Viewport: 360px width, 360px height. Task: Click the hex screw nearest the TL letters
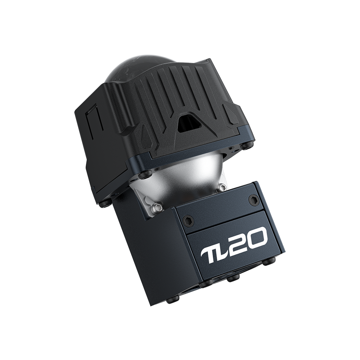pos(186,221)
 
